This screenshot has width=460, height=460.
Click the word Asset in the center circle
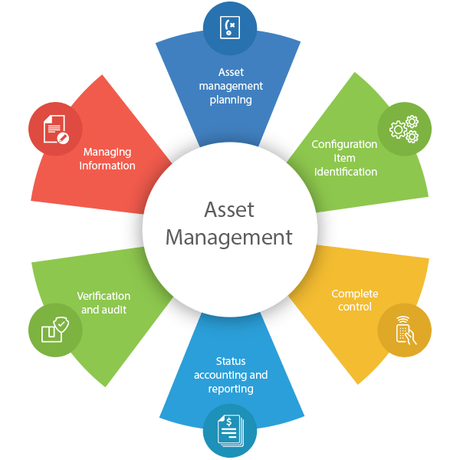pos(229,210)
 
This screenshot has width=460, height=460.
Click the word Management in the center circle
pos(229,238)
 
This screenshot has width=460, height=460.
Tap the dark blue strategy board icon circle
pos(230,28)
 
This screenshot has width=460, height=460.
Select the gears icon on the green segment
pos(404,129)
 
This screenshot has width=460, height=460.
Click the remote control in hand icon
pos(406,330)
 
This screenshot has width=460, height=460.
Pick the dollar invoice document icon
pos(231,431)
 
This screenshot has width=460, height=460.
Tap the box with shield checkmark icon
pos(55,330)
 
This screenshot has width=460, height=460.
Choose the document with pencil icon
pos(56,130)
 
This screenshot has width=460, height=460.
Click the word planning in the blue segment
pos(231,100)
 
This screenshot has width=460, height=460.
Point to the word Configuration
pos(344,145)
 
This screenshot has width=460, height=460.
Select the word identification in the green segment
pos(346,172)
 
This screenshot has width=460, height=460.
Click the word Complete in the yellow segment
pos(355,294)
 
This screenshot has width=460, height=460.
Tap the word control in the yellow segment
pos(355,307)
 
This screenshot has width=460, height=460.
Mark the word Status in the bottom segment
pos(231,361)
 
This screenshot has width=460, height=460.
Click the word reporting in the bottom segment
pos(231,389)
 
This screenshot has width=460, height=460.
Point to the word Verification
pos(103,296)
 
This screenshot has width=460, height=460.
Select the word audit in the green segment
pos(113,310)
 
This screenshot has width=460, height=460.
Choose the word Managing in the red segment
pos(107,153)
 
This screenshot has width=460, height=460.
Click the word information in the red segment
pos(107,166)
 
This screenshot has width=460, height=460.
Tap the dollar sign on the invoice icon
pos(229,422)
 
